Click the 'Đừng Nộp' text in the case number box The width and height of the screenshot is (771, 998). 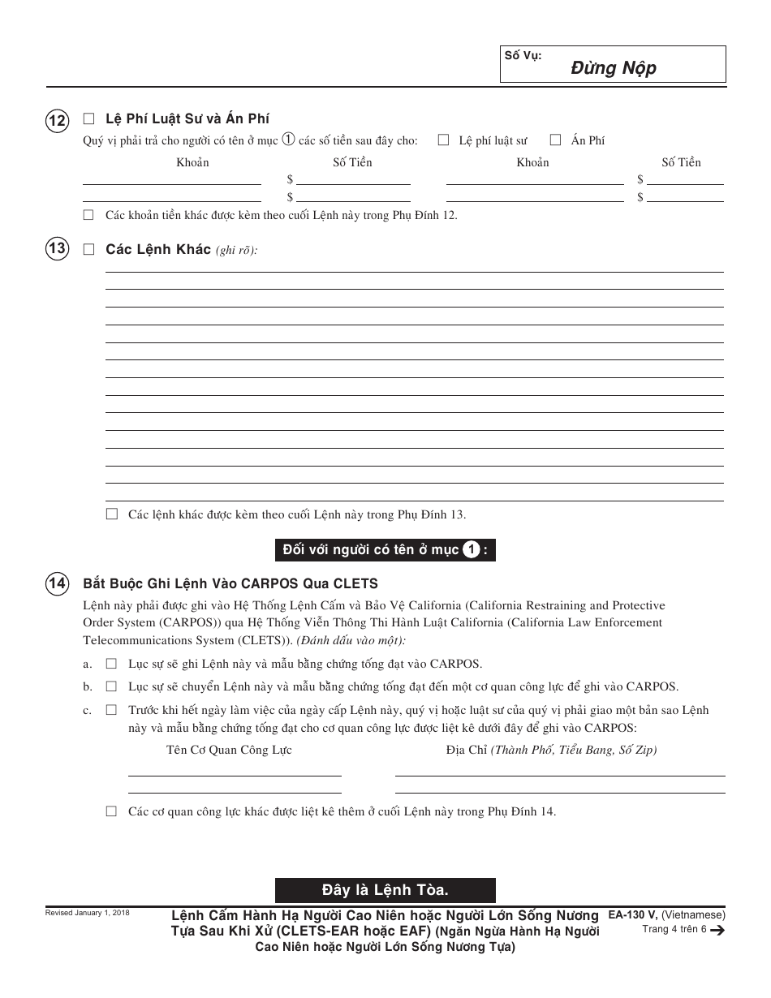(613, 68)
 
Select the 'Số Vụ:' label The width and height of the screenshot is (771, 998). (523, 56)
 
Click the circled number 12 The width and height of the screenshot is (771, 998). (57, 121)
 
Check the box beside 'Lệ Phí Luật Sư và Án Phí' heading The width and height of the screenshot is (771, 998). (88, 118)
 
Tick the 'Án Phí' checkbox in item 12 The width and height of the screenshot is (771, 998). (556, 140)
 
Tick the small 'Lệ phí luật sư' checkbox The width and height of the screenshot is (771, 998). (444, 140)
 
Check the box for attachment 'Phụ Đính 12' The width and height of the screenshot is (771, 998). (88, 215)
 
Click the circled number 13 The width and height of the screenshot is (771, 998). (57, 249)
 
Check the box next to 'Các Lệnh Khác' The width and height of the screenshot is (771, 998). (88, 250)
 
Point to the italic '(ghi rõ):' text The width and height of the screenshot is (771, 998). (236, 251)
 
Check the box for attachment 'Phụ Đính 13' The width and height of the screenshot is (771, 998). (111, 514)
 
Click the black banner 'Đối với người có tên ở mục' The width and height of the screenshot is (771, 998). (385, 550)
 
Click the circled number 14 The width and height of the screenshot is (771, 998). (57, 583)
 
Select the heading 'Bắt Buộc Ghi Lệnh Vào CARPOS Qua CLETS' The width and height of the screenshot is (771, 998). (230, 583)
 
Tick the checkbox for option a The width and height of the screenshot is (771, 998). (111, 663)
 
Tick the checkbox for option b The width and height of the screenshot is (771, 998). (111, 686)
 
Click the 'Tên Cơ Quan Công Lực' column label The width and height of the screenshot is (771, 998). (229, 750)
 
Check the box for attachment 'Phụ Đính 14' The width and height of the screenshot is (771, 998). (111, 811)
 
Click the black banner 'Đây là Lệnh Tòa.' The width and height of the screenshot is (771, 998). (385, 890)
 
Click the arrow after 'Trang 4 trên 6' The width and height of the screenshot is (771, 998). (717, 931)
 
